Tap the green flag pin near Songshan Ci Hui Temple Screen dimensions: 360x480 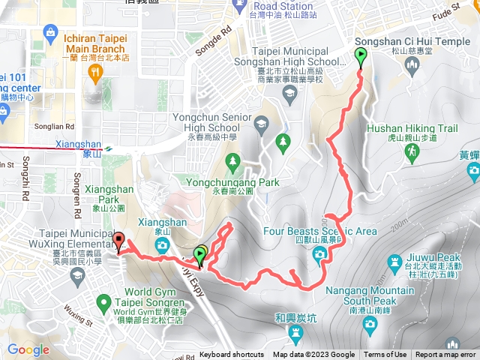pos(361,56)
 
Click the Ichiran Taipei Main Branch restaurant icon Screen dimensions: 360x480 pos(95,72)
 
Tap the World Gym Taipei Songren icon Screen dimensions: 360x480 pos(105,303)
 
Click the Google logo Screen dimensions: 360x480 pos(28,349)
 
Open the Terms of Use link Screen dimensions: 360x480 pos(385,355)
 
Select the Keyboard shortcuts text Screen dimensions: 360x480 pos(232,355)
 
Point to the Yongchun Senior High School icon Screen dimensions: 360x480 pos(261,123)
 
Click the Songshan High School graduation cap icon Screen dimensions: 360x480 pos(289,93)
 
